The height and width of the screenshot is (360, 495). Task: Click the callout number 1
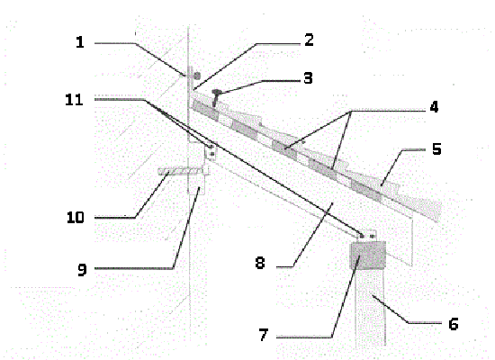pos(80,41)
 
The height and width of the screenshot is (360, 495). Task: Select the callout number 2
pos(309,40)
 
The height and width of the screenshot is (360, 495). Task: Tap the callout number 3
pos(308,78)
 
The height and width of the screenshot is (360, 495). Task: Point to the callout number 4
pos(434,107)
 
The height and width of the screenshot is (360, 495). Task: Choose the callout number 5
pos(436,148)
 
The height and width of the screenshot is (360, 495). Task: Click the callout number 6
pos(454,324)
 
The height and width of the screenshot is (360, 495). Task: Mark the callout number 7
pos(264,335)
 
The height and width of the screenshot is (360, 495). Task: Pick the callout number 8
pos(260,263)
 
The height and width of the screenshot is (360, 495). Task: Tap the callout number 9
pos(82,270)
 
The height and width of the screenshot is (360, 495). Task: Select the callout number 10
pos(76,217)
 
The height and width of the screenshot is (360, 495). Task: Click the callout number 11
pos(74,100)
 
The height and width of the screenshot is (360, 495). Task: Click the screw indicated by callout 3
pos(216,97)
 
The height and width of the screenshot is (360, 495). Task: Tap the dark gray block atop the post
pos(368,256)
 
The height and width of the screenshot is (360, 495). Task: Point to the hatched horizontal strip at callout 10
pos(180,171)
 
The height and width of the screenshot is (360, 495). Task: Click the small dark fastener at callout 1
pos(197,76)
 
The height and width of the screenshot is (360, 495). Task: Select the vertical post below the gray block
pos(370,307)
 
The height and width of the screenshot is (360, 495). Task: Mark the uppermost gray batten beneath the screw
pos(206,111)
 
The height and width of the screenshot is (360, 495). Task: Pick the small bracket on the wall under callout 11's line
pos(211,151)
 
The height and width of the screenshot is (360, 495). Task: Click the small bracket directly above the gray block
pos(368,236)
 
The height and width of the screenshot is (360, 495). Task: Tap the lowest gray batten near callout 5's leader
pos(366,190)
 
